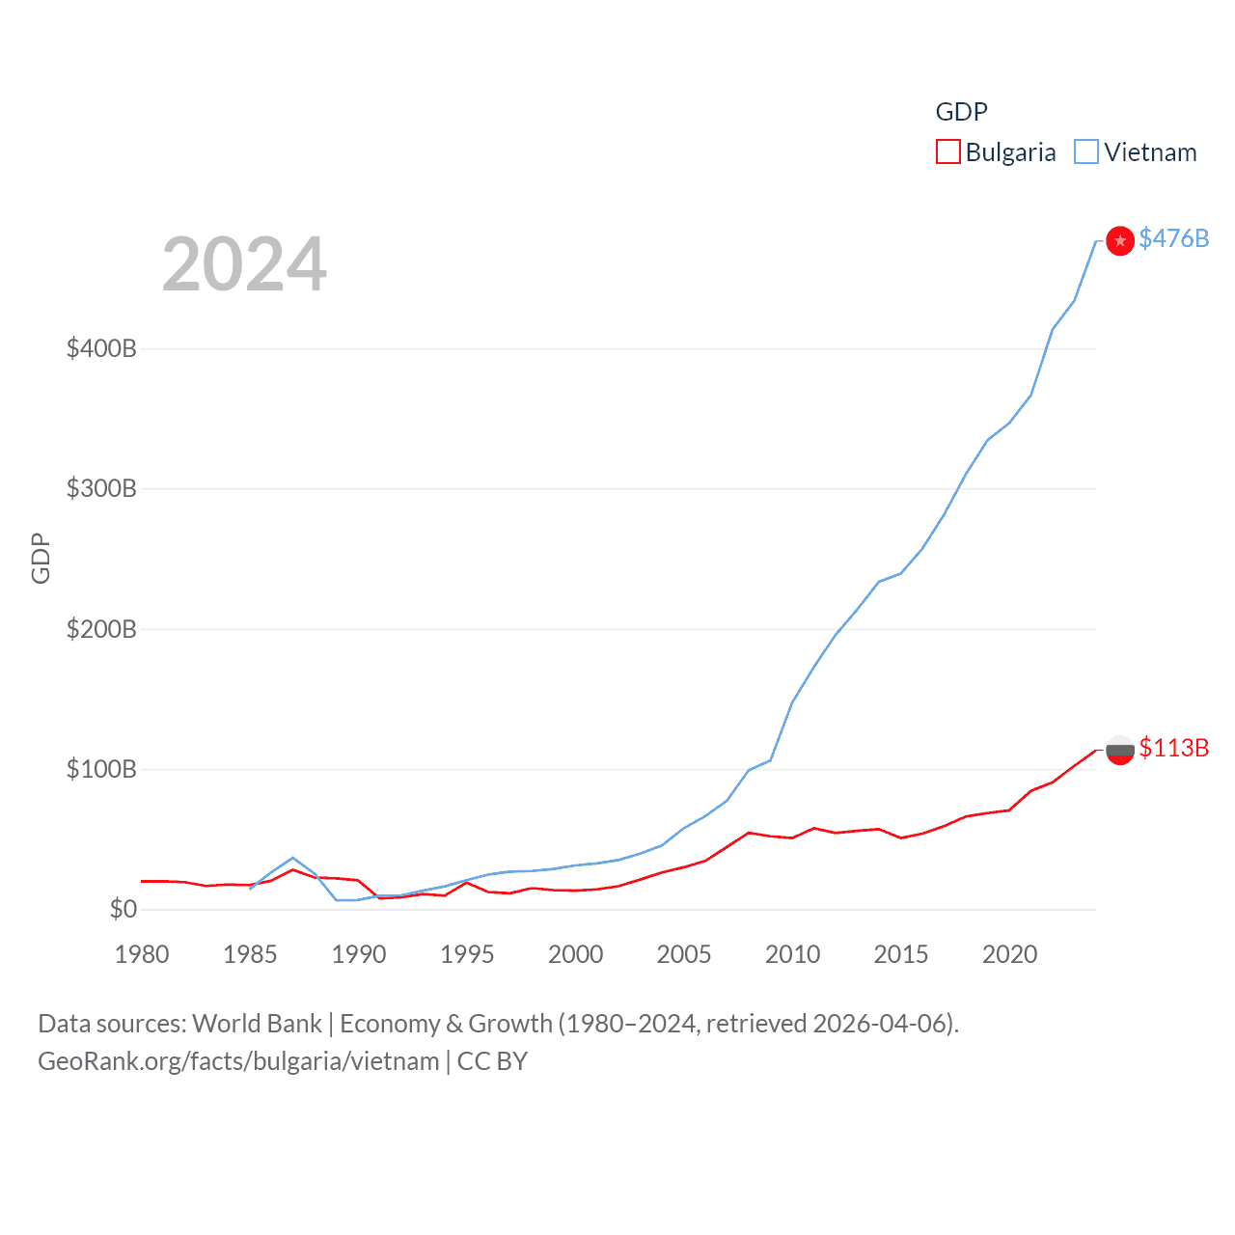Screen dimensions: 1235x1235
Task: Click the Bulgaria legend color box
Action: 948,152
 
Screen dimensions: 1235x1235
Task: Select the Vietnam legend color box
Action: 1086,152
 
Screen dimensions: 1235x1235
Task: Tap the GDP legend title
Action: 961,112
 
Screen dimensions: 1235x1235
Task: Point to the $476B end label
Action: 1173,238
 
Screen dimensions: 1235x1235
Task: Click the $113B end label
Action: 1173,748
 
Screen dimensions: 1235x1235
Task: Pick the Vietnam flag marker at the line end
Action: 1119,240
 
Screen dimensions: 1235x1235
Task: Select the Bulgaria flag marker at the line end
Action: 1119,750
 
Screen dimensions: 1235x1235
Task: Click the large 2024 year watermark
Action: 244,263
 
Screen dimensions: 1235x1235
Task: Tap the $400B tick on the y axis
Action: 101,348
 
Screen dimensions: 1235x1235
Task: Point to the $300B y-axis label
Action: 101,488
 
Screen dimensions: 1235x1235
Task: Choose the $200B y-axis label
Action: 101,629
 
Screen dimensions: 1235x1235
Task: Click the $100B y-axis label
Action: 101,769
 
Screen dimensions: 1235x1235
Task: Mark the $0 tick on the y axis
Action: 123,909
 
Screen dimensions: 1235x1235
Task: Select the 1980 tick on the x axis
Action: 142,954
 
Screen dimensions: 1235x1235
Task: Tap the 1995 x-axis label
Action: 467,954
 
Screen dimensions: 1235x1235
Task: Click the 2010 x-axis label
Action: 792,954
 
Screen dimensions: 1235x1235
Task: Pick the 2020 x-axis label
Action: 1009,954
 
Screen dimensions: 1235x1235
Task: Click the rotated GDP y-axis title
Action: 41,558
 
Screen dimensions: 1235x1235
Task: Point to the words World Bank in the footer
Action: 257,1024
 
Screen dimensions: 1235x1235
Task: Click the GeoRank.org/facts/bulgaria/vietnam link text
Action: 238,1061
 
